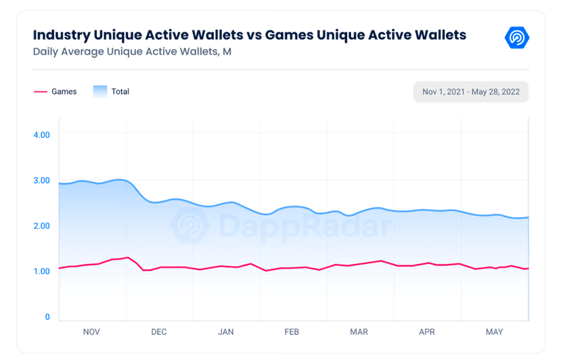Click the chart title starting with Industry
click(x=249, y=35)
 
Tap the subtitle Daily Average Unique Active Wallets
click(x=132, y=51)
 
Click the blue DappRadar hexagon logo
click(x=517, y=37)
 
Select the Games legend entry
click(x=64, y=91)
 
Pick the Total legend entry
click(x=120, y=91)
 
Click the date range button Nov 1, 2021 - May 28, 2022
click(x=471, y=91)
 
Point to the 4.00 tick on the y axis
click(x=41, y=135)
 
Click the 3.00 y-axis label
click(x=41, y=180)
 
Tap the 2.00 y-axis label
click(x=41, y=225)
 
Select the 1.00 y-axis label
click(x=41, y=271)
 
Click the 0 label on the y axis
click(x=47, y=317)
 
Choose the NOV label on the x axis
click(x=91, y=332)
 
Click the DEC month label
click(x=158, y=332)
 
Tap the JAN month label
click(x=225, y=332)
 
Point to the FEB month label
click(x=292, y=332)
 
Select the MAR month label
click(x=359, y=332)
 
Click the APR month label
click(x=426, y=332)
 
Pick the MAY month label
click(x=494, y=332)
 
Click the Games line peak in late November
click(x=128, y=257)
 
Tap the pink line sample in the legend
click(x=40, y=91)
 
